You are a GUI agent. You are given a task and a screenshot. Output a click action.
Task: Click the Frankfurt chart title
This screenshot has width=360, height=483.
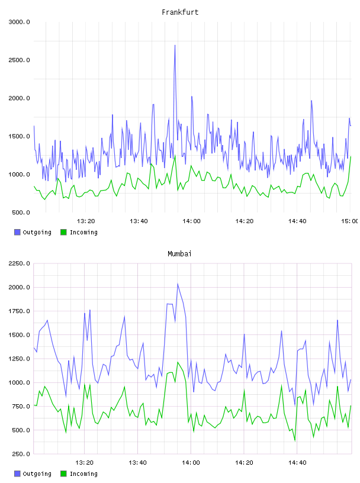(x=180, y=12)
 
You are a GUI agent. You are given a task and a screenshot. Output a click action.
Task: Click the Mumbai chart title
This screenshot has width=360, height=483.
(x=179, y=254)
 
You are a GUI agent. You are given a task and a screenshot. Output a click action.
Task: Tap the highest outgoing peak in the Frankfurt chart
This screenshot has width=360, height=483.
(x=175, y=46)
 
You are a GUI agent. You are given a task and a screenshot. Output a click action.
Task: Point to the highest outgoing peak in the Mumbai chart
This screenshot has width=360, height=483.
(x=178, y=284)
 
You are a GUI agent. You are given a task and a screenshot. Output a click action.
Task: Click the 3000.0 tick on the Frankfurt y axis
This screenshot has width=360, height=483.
(x=20, y=22)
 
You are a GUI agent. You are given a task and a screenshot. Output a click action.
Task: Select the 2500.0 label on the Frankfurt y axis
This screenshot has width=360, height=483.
(x=20, y=60)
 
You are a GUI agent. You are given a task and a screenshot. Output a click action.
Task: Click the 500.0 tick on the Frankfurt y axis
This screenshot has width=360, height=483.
(x=21, y=212)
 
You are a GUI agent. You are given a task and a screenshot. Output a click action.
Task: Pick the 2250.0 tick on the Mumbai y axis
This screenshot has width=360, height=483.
(x=20, y=263)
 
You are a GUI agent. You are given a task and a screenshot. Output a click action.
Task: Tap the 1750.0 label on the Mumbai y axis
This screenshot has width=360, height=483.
(x=20, y=311)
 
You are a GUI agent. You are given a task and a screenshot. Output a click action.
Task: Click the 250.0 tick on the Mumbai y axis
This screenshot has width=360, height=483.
(x=21, y=454)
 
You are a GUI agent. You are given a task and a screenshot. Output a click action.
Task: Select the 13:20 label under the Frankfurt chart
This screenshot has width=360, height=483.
(x=86, y=221)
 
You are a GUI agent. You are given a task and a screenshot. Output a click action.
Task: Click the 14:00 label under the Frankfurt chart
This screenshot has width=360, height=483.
(x=191, y=221)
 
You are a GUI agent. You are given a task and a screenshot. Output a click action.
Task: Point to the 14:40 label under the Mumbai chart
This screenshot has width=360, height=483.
(x=297, y=463)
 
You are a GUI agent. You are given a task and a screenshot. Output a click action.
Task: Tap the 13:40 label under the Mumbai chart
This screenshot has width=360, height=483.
(x=137, y=463)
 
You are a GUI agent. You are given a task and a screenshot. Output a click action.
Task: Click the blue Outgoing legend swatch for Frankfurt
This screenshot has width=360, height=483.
(x=17, y=232)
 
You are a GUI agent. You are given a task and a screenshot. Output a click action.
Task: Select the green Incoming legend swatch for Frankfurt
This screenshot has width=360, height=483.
(x=63, y=232)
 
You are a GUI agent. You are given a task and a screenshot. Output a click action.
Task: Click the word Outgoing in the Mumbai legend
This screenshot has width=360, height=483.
(x=37, y=474)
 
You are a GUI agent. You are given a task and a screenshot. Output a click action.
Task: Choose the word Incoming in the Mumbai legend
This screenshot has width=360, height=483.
(x=83, y=474)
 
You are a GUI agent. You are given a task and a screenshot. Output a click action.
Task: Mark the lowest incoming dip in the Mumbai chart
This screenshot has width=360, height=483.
(x=295, y=441)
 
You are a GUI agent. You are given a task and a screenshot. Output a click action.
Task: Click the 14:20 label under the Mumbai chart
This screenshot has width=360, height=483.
(x=244, y=463)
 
